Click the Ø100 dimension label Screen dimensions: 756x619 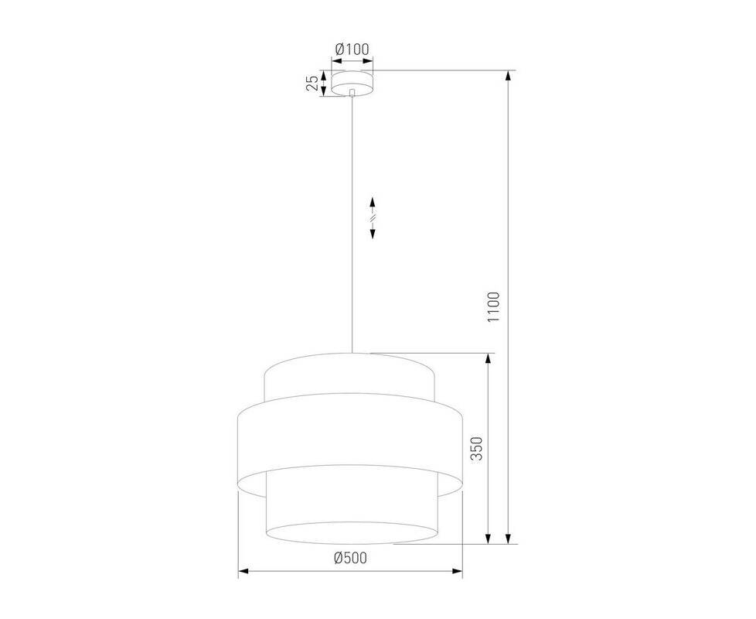click(352, 49)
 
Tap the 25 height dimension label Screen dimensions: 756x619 click(313, 83)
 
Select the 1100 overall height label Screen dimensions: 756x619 click(494, 307)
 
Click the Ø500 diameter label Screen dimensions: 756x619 click(350, 558)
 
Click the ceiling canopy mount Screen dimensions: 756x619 click(352, 83)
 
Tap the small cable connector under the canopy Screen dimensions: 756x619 click(352, 92)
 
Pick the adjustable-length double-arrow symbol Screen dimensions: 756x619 click(373, 217)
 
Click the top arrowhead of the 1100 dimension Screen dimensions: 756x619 click(508, 77)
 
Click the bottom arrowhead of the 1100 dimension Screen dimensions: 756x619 click(508, 538)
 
